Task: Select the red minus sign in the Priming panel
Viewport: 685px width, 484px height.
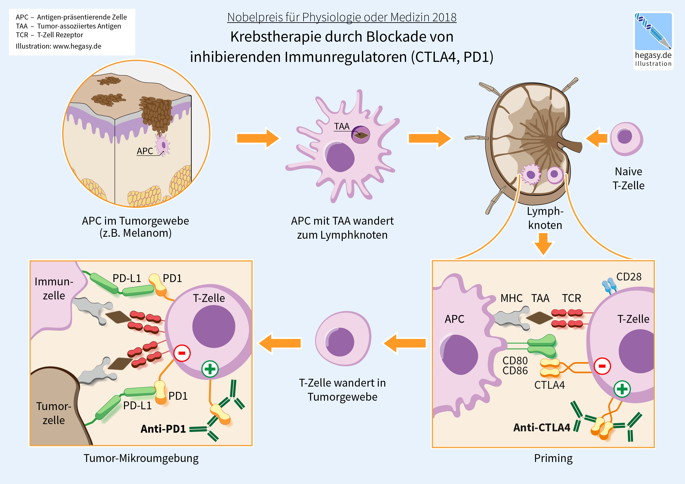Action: point(602,366)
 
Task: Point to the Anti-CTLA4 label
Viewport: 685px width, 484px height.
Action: point(541,428)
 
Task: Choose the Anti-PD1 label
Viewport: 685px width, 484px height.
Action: point(163,429)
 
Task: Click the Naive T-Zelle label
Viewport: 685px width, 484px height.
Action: point(628,178)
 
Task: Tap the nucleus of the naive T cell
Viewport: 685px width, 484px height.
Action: point(625,137)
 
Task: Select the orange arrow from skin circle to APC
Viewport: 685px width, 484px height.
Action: point(258,138)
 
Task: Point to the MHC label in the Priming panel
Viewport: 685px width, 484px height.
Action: point(511,298)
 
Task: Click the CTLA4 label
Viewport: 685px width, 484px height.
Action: point(549,385)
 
